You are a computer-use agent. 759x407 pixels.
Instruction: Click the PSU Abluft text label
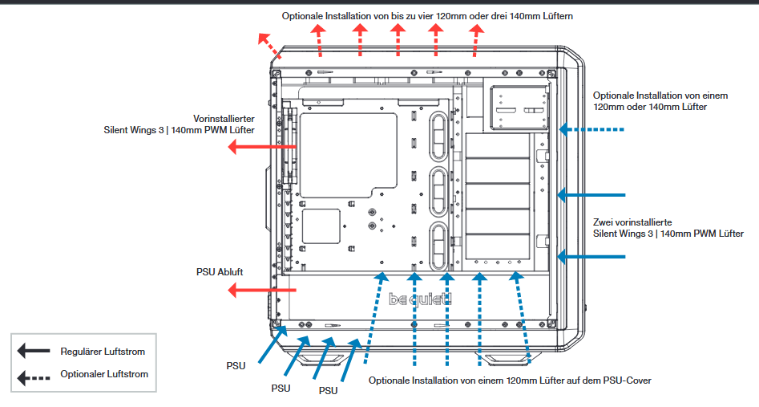219,271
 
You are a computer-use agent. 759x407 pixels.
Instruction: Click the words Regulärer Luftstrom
103,352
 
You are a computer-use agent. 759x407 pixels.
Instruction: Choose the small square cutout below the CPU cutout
321,226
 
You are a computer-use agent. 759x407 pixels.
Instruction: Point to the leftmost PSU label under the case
236,365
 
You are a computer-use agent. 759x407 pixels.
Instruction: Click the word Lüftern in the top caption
555,15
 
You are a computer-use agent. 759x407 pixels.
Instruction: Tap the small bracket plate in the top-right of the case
520,108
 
